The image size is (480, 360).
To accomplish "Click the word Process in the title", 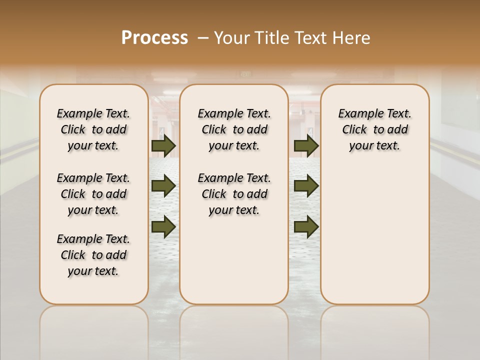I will click(x=154, y=37).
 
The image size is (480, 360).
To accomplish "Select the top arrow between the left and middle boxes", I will click(x=163, y=146).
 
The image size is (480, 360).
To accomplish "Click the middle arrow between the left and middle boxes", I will click(x=163, y=186).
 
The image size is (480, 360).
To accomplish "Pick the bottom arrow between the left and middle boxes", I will click(x=163, y=226).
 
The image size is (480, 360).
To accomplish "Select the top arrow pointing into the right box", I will click(x=306, y=146).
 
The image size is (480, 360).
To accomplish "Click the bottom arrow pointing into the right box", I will click(x=306, y=226).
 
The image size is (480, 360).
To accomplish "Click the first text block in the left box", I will click(x=93, y=129).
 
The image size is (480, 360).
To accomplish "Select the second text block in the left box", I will click(x=93, y=194).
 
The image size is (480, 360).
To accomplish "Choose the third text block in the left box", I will click(x=93, y=255).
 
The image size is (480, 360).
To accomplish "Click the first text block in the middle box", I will click(x=234, y=129).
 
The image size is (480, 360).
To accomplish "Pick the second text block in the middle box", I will click(x=234, y=194).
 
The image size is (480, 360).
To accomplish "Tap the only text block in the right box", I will click(x=374, y=129).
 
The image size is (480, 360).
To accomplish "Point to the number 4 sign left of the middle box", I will click(x=162, y=131).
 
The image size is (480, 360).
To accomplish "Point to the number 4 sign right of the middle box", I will click(x=310, y=131).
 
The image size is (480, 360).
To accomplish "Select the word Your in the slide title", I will click(x=232, y=38).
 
